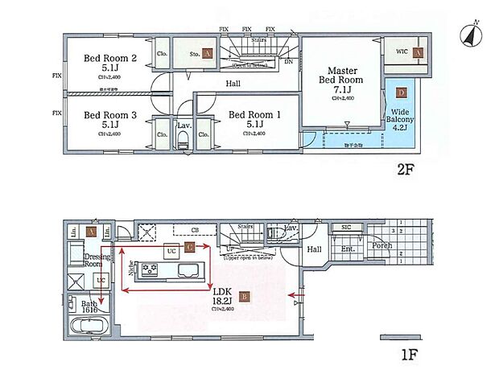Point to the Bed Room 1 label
(x=254, y=120)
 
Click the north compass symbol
(x=469, y=34)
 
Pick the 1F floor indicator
(x=409, y=352)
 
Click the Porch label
(x=382, y=245)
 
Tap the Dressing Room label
(x=97, y=259)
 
